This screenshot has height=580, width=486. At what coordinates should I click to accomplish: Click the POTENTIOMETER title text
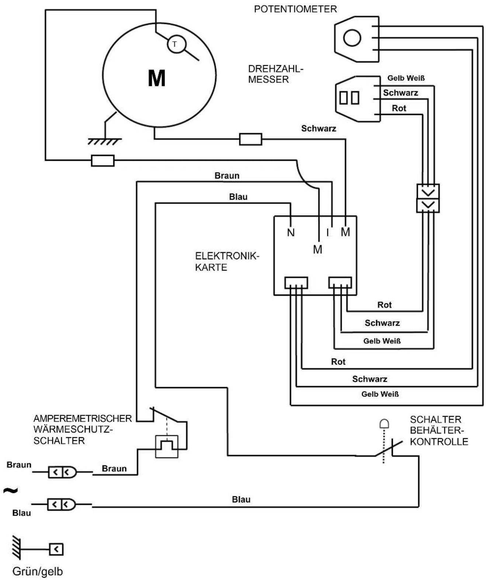click(x=295, y=9)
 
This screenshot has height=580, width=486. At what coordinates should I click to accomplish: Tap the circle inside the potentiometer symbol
click(x=352, y=38)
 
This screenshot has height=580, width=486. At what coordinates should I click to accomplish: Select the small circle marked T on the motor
click(x=176, y=44)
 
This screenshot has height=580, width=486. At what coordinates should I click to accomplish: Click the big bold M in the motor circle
click(x=157, y=78)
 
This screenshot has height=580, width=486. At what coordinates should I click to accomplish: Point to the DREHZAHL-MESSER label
click(x=276, y=74)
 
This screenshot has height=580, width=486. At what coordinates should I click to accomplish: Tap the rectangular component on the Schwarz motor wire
click(x=250, y=139)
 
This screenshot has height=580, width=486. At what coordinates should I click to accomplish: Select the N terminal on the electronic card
click(x=291, y=233)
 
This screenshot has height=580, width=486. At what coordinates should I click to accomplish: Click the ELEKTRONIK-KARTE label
click(x=227, y=261)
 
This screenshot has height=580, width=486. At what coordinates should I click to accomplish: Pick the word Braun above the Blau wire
click(x=227, y=176)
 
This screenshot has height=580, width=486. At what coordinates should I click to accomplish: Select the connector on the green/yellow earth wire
click(x=56, y=549)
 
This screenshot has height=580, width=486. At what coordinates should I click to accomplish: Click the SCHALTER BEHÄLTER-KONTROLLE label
click(x=439, y=430)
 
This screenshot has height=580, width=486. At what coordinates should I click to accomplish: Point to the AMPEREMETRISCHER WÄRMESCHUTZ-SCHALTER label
click(x=83, y=430)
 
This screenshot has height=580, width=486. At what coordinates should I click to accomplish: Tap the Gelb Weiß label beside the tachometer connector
click(x=406, y=78)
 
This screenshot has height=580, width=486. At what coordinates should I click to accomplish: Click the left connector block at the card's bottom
click(x=296, y=283)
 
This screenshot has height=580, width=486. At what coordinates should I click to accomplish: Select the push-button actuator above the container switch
click(x=384, y=424)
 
